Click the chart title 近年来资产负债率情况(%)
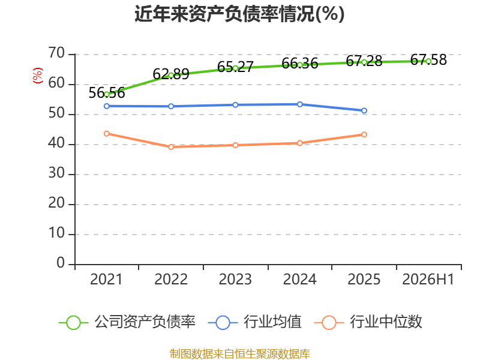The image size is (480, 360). (239, 14)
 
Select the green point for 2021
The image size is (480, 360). (107, 94)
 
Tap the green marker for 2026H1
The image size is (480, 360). (428, 61)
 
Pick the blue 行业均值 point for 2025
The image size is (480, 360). (364, 110)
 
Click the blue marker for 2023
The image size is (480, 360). (235, 105)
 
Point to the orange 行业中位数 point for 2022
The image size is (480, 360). (171, 147)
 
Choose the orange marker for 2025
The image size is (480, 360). (364, 134)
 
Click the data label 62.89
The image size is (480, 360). (171, 74)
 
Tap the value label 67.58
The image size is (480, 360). (428, 59)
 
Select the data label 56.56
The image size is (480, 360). (107, 93)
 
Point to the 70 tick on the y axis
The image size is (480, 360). (56, 53)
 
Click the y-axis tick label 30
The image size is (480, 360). (56, 173)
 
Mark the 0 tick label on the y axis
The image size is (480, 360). (61, 263)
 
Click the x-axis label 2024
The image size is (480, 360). (299, 279)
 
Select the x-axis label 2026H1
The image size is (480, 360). (428, 279)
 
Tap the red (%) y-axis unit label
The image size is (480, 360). (38, 76)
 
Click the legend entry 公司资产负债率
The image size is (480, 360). (127, 322)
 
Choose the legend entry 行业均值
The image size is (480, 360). (254, 322)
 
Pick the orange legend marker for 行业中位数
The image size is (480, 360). (329, 323)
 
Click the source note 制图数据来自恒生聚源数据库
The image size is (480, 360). (240, 354)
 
